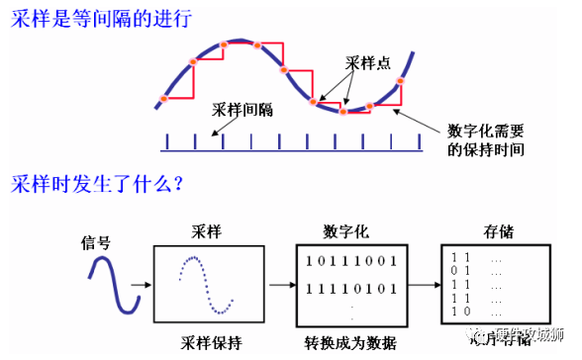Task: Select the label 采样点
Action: (367, 61)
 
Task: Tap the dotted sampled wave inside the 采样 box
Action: (206, 283)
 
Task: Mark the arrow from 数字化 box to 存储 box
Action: (422, 286)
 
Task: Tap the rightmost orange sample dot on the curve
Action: (402, 85)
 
